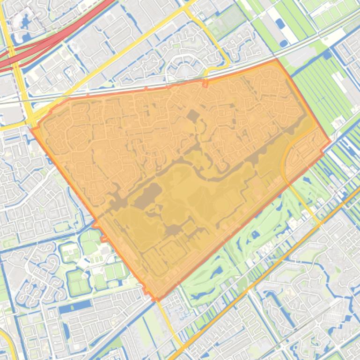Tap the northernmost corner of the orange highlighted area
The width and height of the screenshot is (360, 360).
(277, 59)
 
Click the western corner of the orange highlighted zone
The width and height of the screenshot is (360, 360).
(32, 128)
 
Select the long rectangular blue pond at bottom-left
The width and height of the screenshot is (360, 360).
(75, 307)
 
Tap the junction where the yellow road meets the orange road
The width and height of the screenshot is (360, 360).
(320, 224)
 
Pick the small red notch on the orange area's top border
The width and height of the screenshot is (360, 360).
(205, 84)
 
